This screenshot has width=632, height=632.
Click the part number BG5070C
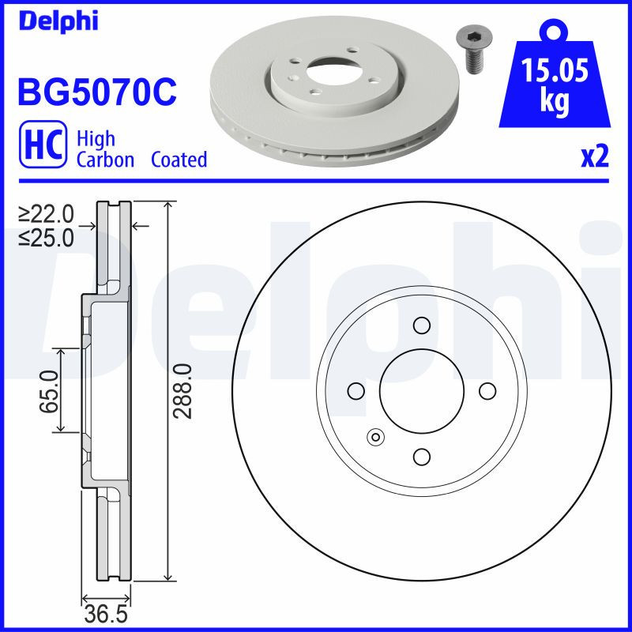[96, 92]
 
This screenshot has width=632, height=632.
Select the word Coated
[179, 160]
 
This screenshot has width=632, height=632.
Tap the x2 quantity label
[594, 157]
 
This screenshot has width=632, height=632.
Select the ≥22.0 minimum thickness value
[46, 214]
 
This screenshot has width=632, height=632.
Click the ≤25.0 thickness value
[46, 236]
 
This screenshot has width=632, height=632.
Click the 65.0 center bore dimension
[47, 391]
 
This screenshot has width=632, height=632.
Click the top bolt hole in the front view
[421, 325]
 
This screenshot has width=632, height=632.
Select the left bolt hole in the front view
[355, 391]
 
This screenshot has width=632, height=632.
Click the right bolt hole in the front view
[487, 391]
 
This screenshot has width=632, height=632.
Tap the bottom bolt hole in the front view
[421, 457]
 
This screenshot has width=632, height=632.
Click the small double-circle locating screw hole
[375, 436]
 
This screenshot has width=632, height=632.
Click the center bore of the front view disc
[421, 391]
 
